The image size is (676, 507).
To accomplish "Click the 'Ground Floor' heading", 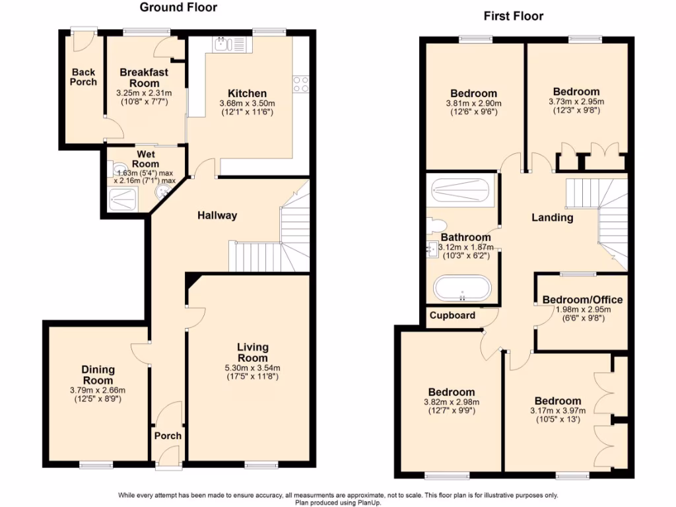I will point(178,8).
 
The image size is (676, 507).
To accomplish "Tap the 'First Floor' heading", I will point(514,16).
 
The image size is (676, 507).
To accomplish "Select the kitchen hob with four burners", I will point(301,84).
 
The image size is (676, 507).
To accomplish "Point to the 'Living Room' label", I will point(253,352).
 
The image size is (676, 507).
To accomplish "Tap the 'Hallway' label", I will point(217,215).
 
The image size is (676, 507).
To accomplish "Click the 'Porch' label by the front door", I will point(168,436).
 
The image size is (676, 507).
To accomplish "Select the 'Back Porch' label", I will point(83,77).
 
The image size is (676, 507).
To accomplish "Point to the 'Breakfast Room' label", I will point(144,77).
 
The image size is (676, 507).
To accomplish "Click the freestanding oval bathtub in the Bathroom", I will point(462,289).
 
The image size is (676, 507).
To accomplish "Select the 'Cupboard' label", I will point(453,315).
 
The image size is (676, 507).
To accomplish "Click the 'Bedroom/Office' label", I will point(582,300).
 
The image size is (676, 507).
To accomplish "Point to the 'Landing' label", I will point(552,217).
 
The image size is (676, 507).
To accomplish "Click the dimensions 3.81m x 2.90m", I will point(473,104).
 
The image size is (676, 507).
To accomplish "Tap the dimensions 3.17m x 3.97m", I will point(558,411).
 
